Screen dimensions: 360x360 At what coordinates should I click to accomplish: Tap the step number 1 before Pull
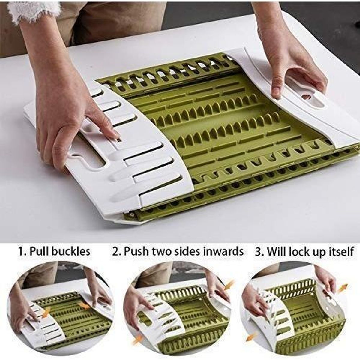pyautogui.click(x=21, y=251)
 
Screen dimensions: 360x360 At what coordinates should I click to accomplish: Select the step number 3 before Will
pyautogui.click(x=258, y=251)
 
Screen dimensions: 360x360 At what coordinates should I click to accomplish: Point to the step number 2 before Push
pyautogui.click(x=116, y=251)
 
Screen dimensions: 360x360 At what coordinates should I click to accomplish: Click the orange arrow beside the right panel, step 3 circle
pyautogui.click(x=342, y=289)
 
